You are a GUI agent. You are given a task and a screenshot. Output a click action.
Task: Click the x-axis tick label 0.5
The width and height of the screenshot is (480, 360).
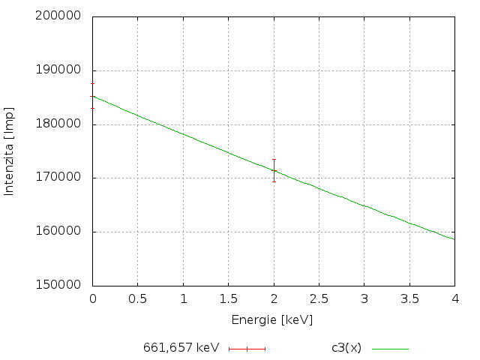[x=137, y=299]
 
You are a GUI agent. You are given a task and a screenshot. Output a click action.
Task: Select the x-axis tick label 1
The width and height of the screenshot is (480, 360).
[x=183, y=299]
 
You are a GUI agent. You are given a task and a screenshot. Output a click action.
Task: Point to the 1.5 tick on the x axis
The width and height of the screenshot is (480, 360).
[x=228, y=299]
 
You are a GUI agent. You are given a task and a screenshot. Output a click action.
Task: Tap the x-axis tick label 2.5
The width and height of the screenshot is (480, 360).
[x=319, y=299]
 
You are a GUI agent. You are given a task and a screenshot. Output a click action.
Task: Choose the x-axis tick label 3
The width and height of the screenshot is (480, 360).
[x=364, y=299]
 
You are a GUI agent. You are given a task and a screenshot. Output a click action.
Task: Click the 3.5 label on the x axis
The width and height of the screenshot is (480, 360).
[x=409, y=299]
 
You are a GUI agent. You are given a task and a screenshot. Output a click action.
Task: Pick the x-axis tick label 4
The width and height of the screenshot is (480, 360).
[x=454, y=299]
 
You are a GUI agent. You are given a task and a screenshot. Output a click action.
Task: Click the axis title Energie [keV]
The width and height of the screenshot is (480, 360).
[x=271, y=320]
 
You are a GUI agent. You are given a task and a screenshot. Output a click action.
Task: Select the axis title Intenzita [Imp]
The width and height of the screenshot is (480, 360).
[x=10, y=151]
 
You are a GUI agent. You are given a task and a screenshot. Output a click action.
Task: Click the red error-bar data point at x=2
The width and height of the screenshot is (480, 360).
[x=274, y=171]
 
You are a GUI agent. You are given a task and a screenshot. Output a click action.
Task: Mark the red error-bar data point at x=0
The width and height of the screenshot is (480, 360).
[x=92, y=96]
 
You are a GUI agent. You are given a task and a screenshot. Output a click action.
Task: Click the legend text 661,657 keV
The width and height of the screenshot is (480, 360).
[x=181, y=349]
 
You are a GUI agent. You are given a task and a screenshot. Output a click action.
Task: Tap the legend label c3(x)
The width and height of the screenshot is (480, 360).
[x=346, y=349]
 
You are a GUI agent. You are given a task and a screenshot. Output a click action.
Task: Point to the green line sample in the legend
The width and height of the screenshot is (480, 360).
[x=390, y=349]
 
